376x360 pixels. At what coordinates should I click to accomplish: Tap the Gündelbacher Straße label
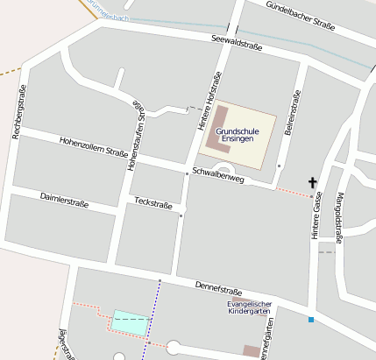pyautogui.click(x=301, y=16)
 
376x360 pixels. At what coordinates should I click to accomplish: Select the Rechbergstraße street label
pyautogui.click(x=18, y=111)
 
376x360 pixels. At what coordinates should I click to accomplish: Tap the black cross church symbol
pyautogui.click(x=312, y=183)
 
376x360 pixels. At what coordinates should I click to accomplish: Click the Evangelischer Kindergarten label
pyautogui.click(x=250, y=307)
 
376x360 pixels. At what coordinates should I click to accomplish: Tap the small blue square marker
pyautogui.click(x=310, y=320)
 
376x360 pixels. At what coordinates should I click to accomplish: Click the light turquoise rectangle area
pyautogui.click(x=129, y=320)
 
